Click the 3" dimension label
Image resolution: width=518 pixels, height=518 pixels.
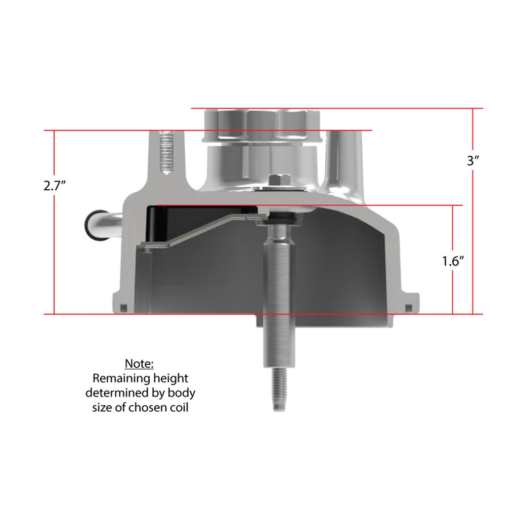(x=473, y=160)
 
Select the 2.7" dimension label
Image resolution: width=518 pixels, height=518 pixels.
(x=55, y=186)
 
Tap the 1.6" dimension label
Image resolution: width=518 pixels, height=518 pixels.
(x=453, y=262)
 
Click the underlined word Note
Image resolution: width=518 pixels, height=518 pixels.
(x=139, y=363)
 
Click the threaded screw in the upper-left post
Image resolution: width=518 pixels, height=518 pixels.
(x=167, y=152)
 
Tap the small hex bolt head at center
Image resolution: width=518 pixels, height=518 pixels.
(x=279, y=181)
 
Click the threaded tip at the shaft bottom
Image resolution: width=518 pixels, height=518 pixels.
(x=279, y=390)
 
